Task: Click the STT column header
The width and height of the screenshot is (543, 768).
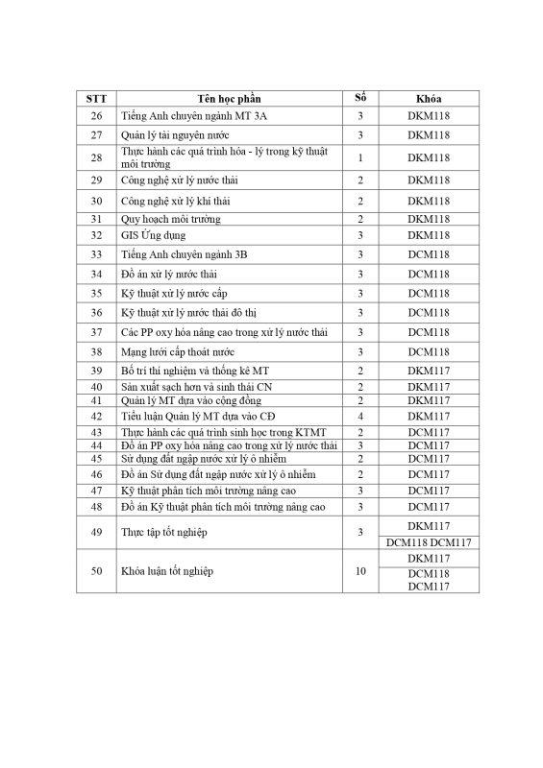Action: [x=95, y=99]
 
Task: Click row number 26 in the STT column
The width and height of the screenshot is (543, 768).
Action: [x=95, y=116]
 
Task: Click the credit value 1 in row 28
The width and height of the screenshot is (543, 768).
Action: [x=359, y=157]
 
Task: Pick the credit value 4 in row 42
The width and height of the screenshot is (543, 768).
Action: [x=359, y=416]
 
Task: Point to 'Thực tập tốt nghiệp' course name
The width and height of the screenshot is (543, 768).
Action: [x=165, y=532]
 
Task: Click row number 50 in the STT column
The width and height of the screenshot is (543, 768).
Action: [x=95, y=570]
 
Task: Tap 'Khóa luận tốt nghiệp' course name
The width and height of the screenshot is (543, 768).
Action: [x=167, y=570]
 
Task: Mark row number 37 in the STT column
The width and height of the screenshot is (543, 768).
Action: [x=95, y=332]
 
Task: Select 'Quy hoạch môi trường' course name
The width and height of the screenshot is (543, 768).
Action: [x=170, y=220]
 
